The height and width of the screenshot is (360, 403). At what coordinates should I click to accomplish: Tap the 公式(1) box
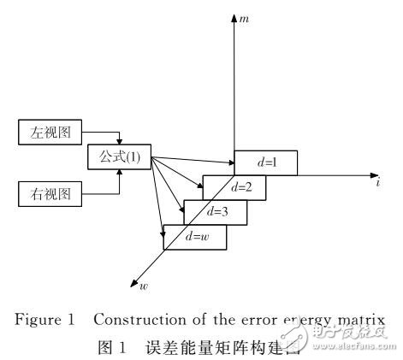[x=120, y=158]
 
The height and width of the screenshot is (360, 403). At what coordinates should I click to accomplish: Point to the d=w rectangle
[x=195, y=237]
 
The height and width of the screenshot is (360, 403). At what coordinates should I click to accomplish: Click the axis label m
[x=243, y=19]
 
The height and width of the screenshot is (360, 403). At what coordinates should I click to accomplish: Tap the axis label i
[x=378, y=183]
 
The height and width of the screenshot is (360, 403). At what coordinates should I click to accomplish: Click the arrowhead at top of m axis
[x=234, y=17]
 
